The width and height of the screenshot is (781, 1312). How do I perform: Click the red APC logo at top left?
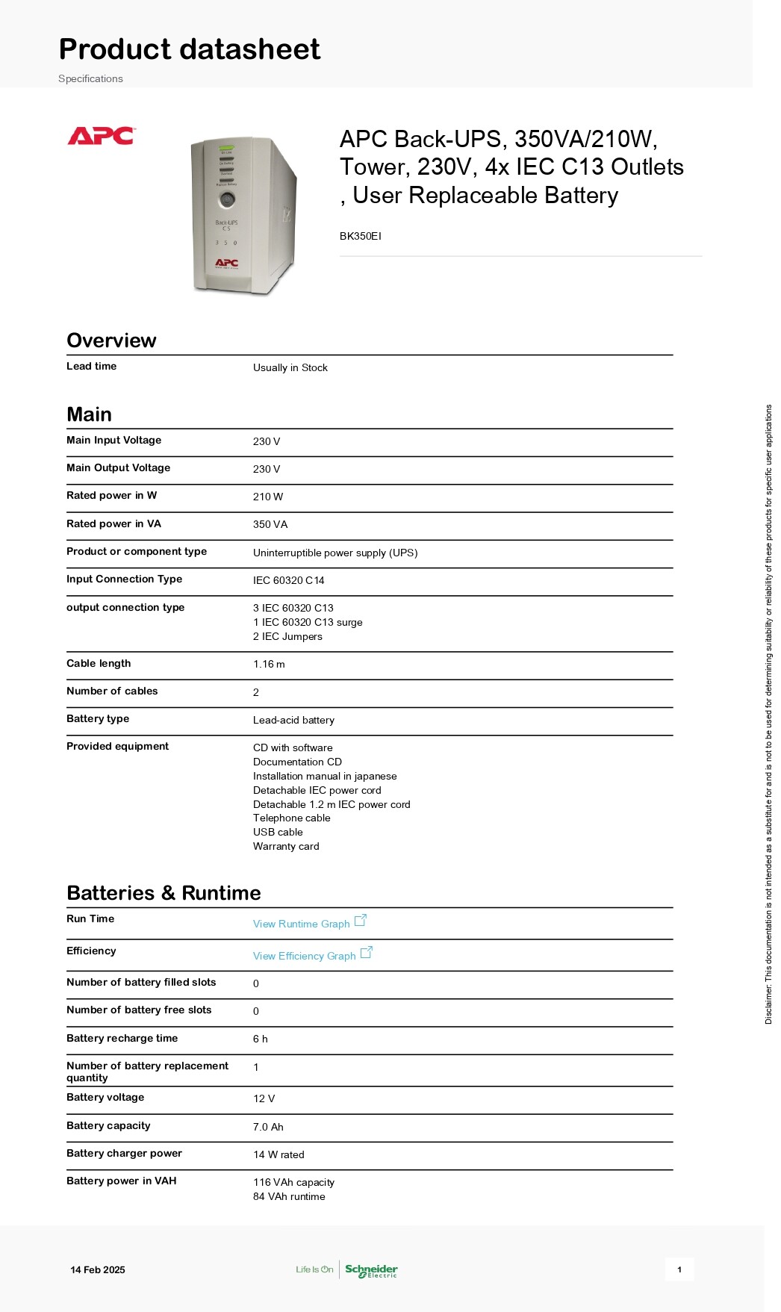(101, 136)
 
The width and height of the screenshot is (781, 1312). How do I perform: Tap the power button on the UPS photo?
(227, 199)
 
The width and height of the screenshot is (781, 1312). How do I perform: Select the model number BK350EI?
(360, 236)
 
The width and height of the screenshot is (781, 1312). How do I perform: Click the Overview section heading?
(111, 341)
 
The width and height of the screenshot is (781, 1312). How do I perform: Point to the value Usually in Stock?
(290, 367)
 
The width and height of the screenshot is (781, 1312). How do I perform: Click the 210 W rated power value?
(267, 497)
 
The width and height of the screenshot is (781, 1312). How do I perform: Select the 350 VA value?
(270, 524)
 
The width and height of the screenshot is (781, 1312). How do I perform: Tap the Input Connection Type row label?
(124, 579)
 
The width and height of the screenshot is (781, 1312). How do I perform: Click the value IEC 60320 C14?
(288, 580)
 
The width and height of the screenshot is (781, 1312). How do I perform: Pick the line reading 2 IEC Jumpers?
(287, 636)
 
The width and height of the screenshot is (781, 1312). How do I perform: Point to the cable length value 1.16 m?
(268, 664)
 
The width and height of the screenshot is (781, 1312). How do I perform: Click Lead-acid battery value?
(293, 720)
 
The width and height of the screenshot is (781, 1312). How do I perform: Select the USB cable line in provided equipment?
(278, 832)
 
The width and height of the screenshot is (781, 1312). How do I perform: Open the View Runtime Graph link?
(301, 924)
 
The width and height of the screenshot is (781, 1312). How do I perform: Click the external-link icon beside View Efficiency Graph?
(366, 953)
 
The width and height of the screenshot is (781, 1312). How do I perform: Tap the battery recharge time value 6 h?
(260, 1039)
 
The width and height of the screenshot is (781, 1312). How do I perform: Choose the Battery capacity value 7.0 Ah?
(268, 1127)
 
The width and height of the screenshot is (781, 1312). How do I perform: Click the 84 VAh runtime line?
(289, 1196)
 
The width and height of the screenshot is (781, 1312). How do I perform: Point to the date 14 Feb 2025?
(98, 1269)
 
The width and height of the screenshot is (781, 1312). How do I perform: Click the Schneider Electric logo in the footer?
(371, 1269)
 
